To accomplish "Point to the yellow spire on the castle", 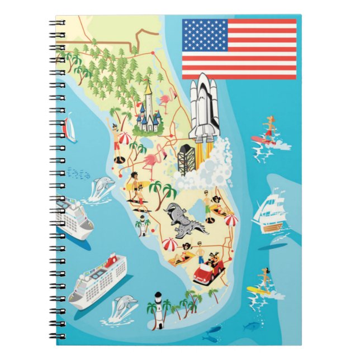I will tap(148, 88).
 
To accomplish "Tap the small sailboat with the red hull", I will tap(70, 129).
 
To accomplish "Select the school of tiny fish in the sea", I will tap(78, 174).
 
